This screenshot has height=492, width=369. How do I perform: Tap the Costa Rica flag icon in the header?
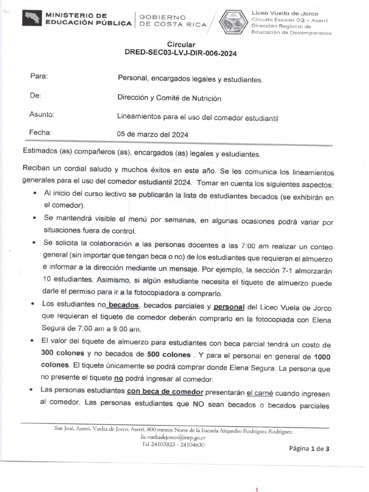(32, 19)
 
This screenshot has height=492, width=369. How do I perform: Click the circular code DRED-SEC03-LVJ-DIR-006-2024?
(180, 54)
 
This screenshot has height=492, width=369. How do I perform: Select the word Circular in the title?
(180, 45)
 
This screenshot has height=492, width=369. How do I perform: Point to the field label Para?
(39, 76)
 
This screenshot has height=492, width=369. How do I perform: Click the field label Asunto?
(42, 114)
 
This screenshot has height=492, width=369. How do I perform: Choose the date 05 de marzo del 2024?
(153, 135)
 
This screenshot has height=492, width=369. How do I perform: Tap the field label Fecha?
(40, 133)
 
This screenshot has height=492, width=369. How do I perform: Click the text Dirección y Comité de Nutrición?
(170, 98)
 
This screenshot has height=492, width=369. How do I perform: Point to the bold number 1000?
(322, 357)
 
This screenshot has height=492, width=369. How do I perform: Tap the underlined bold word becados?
(123, 305)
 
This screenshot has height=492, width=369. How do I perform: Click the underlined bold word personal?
(229, 307)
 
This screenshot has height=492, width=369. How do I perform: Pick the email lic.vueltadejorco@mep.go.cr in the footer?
(173, 438)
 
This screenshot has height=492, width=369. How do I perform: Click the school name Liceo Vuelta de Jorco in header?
(285, 13)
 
